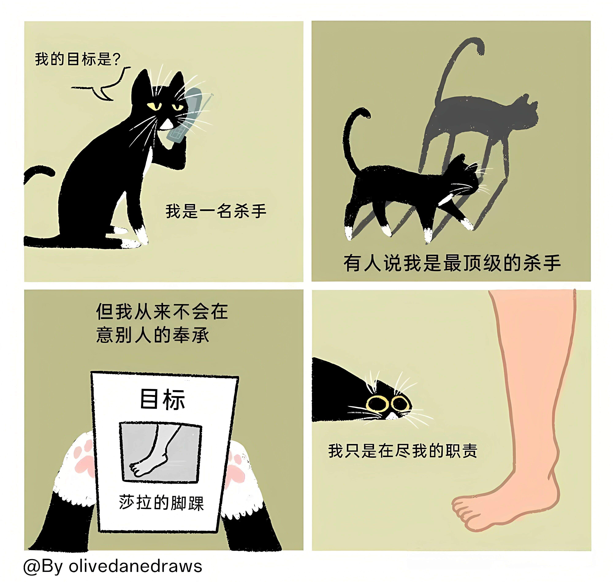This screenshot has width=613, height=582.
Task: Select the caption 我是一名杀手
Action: tap(216, 211)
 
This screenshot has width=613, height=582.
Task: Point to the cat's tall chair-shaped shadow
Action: tap(478, 124)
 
